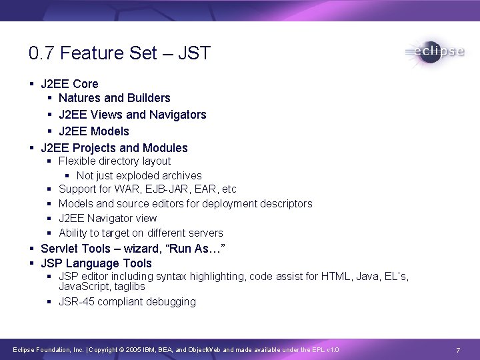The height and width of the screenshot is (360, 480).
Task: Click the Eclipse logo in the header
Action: (x=434, y=53)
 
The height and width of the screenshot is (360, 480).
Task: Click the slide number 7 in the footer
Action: (x=458, y=350)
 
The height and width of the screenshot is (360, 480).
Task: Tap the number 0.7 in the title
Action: (x=41, y=53)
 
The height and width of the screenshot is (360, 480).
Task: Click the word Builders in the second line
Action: (x=149, y=99)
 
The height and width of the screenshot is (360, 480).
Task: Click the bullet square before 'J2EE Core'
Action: (x=32, y=83)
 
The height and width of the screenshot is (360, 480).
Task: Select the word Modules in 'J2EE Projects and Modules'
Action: (x=166, y=148)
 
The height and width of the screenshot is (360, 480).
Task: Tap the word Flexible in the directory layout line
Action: (x=78, y=161)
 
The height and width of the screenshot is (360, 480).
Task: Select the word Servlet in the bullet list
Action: (x=58, y=249)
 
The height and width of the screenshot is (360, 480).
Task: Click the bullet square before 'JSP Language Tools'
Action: (x=32, y=263)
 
